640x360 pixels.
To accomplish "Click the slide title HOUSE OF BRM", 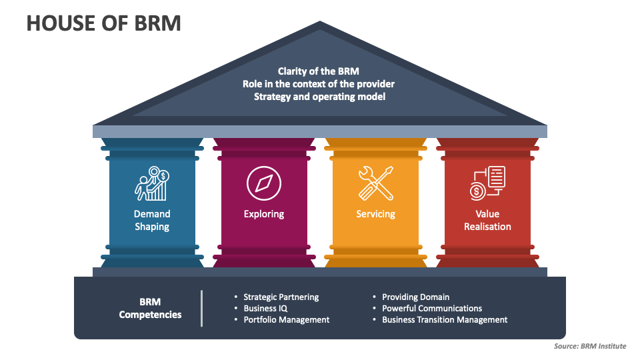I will click(x=103, y=23).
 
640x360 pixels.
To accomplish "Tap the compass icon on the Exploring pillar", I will click(x=264, y=183).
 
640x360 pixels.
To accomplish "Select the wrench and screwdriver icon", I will click(x=376, y=183).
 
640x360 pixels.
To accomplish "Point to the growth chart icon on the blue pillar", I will click(x=152, y=183).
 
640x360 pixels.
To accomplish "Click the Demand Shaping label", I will click(x=152, y=220).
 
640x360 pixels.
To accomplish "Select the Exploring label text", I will click(x=264, y=214).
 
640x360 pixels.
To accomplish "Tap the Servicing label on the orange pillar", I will click(x=376, y=214).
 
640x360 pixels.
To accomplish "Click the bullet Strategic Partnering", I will click(x=281, y=297).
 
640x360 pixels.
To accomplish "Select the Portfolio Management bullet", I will click(x=286, y=319).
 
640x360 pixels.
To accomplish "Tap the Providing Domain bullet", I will click(x=415, y=297).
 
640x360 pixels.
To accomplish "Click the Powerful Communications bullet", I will click(x=432, y=308).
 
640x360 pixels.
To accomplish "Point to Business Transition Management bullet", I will click(x=445, y=319).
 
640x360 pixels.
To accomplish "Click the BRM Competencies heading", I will click(x=150, y=308).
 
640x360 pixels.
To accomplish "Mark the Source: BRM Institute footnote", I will click(x=589, y=347).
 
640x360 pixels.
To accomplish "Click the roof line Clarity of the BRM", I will click(x=319, y=71).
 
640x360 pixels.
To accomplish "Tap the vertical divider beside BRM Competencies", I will click(x=201, y=308).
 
